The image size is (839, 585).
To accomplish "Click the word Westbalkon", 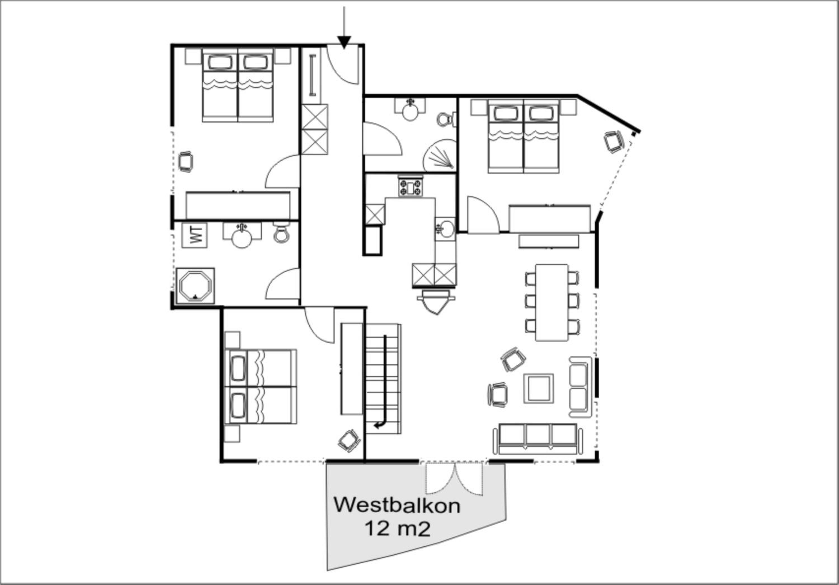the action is (397, 506).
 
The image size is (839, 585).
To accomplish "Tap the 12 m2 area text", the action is (398, 529).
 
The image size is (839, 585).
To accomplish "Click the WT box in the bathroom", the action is (195, 235).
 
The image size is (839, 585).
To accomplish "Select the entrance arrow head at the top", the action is (344, 42).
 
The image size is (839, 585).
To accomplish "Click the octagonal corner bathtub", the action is (195, 286).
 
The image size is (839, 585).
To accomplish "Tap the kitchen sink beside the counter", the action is (445, 229).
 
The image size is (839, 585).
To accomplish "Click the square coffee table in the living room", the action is (538, 388).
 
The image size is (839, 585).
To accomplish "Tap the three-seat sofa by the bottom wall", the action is (538, 439).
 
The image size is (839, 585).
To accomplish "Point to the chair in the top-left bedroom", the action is (186, 162).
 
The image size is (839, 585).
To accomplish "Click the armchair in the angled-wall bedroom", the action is (614, 142).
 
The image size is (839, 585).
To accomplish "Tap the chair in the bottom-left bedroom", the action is (349, 441).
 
